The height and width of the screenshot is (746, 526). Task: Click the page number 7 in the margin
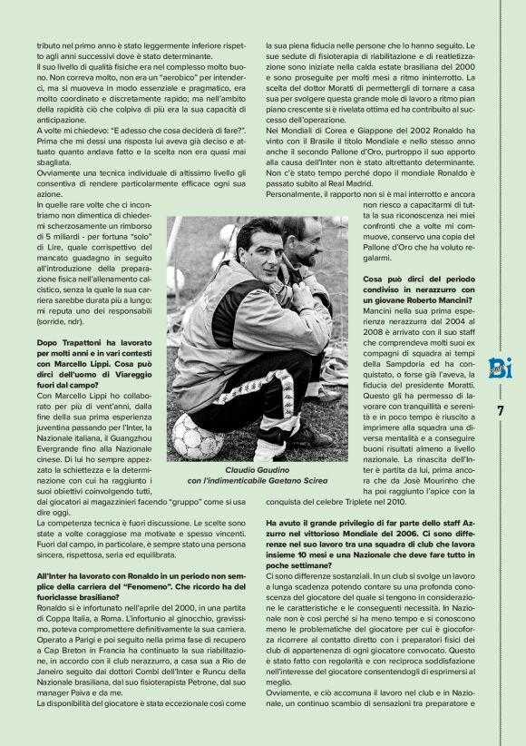pyautogui.click(x=499, y=409)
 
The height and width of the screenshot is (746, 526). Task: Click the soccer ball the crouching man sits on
pyautogui.click(x=195, y=435)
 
